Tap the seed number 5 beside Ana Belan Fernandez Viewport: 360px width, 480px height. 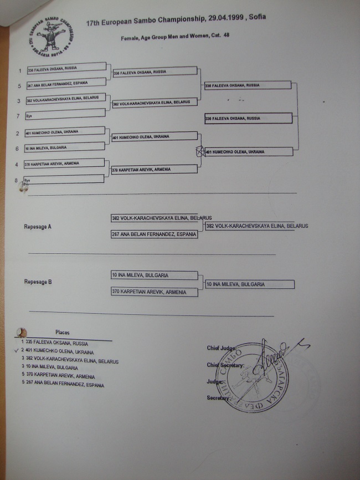(x=19, y=85)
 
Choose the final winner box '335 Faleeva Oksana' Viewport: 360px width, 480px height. (x=248, y=119)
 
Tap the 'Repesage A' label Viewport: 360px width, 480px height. (x=38, y=227)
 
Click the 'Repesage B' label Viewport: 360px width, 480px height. (x=38, y=282)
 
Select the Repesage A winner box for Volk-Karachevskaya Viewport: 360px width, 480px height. (x=256, y=226)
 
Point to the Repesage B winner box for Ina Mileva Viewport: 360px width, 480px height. (x=249, y=284)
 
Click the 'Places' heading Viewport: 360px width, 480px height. (x=63, y=333)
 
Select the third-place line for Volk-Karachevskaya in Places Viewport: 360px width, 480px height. (x=71, y=360)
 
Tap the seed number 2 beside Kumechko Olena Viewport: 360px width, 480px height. (x=19, y=133)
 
